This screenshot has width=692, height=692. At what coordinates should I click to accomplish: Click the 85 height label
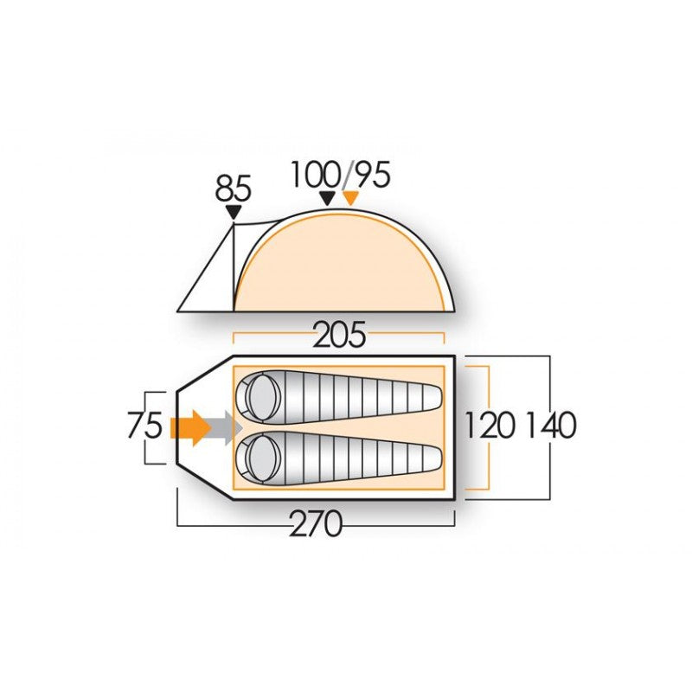[233, 188]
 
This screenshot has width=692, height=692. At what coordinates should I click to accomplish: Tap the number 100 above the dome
[316, 175]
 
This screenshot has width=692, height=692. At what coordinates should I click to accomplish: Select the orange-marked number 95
[373, 175]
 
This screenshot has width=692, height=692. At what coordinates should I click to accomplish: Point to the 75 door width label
[144, 426]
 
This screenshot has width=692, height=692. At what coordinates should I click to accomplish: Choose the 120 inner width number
[490, 426]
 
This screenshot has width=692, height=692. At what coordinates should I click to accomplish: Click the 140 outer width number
[552, 426]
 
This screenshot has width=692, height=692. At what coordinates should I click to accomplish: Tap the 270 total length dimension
[316, 525]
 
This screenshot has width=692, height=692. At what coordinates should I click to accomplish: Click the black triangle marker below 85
[234, 212]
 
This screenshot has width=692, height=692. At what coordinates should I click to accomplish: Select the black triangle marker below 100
[327, 198]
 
